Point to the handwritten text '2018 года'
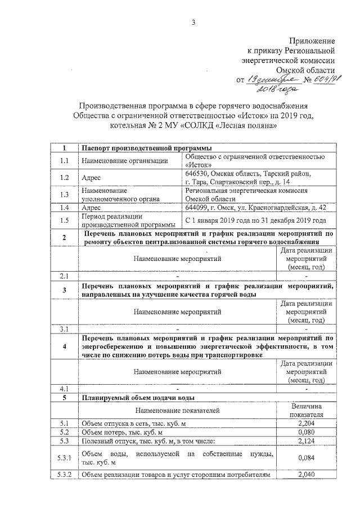coord(273,89)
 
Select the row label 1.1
coord(64,161)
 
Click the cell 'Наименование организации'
coord(124,161)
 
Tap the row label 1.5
coord(64,220)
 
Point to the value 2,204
coord(306,422)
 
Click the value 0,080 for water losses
coord(306,433)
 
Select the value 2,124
coord(306,442)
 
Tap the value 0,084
coord(306,458)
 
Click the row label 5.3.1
coord(64,458)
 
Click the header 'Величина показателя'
coord(306,409)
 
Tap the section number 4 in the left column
coord(64,346)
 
